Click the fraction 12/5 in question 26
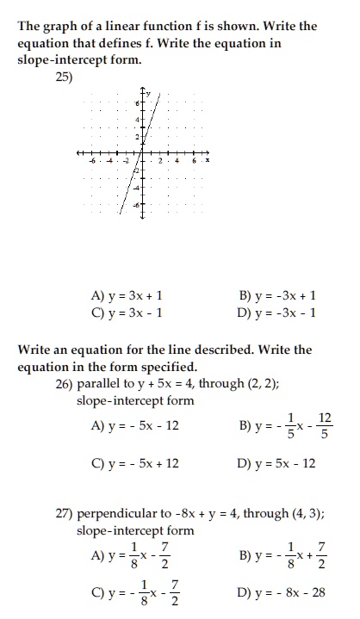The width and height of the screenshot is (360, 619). click(325, 425)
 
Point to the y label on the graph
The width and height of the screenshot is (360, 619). click(148, 92)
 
